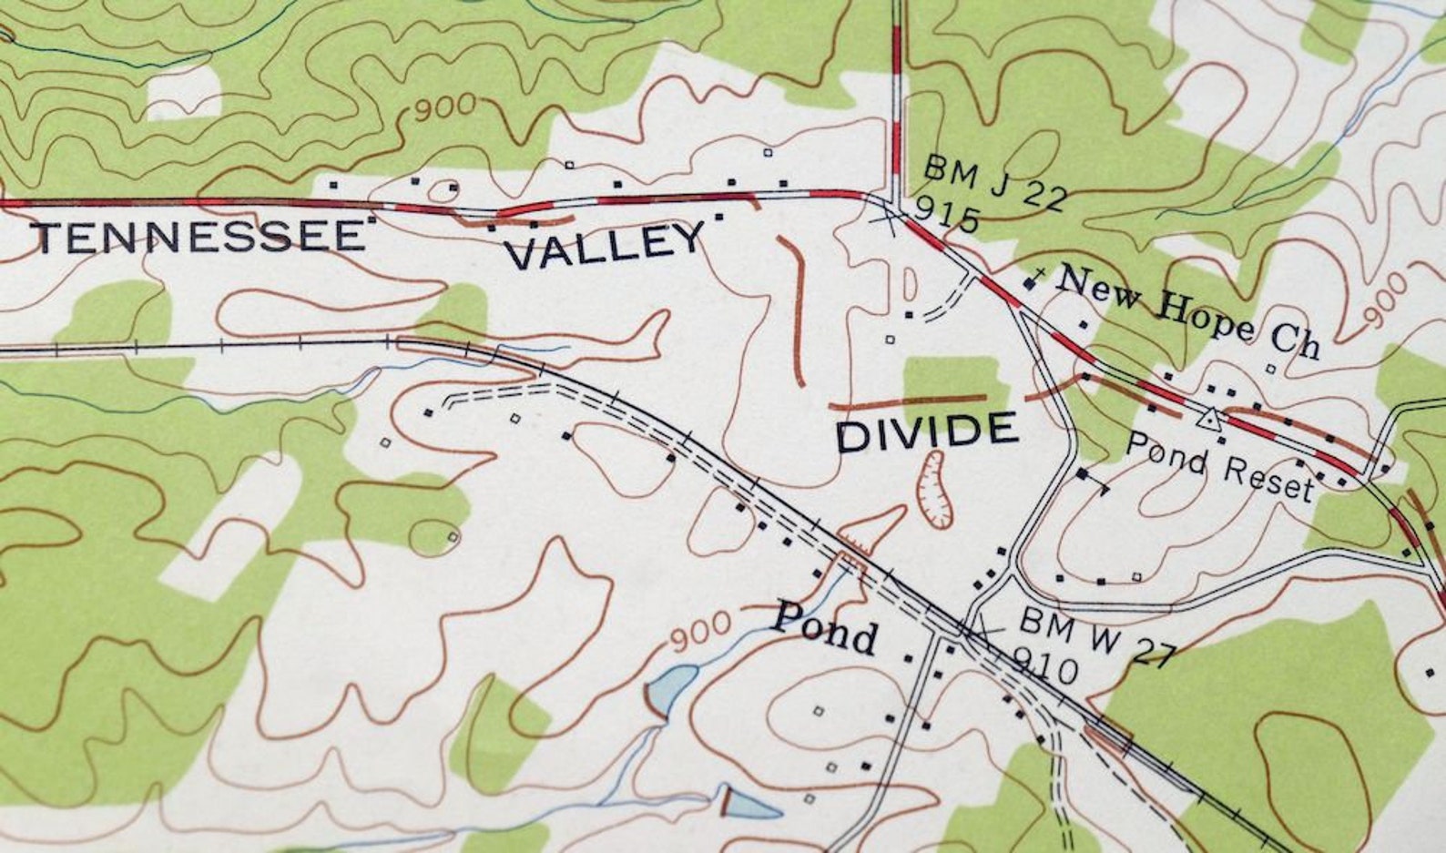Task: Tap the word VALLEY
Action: coord(605,246)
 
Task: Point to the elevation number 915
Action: coord(947,216)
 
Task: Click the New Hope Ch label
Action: coord(1187,311)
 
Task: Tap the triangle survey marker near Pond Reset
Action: coord(1209,419)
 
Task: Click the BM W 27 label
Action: coord(1096,636)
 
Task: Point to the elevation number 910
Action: coord(1044,668)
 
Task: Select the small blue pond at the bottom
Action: coord(751,804)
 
